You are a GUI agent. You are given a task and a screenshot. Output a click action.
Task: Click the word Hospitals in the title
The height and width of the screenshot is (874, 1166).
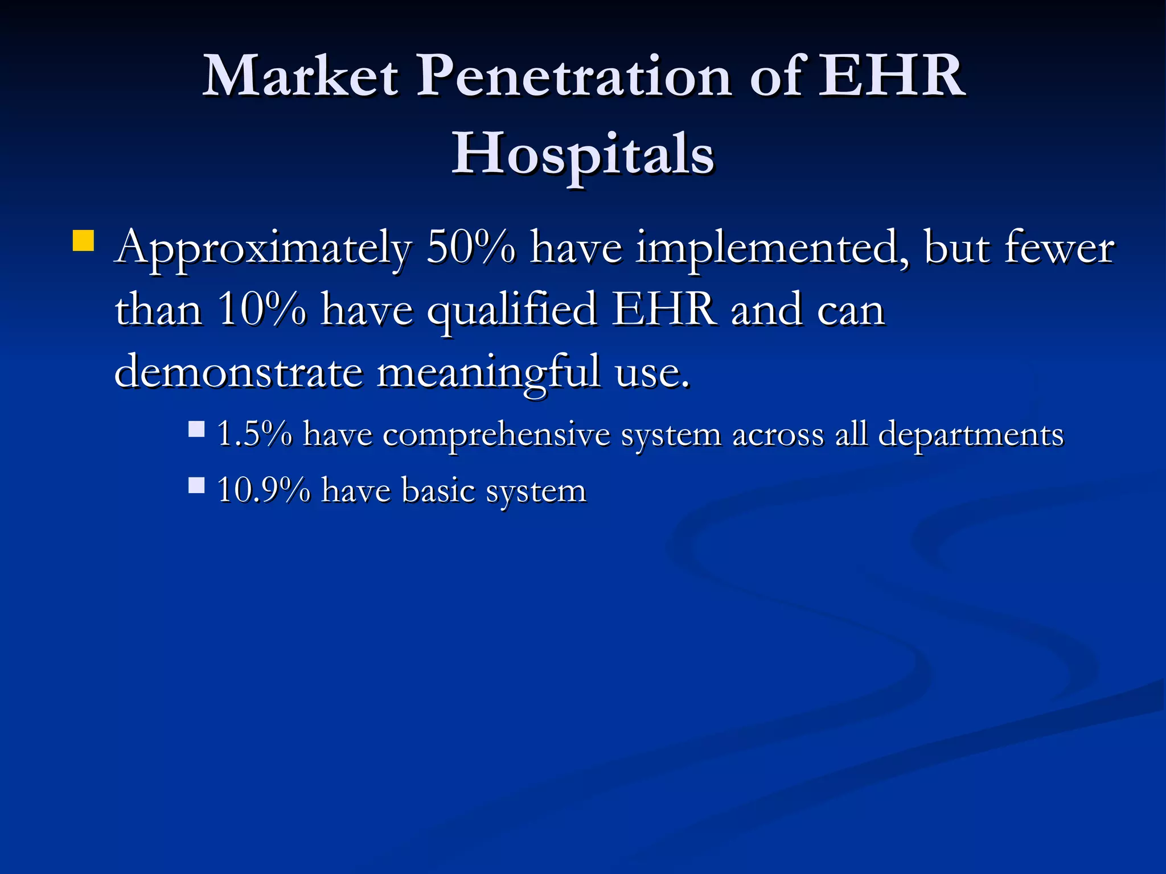click(582, 154)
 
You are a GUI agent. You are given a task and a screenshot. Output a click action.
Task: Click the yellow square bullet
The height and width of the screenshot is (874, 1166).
click(83, 241)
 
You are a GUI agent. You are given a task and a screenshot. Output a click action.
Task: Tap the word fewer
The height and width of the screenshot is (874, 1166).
click(1059, 248)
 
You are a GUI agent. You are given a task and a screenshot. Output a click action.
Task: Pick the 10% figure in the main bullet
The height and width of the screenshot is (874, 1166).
click(262, 310)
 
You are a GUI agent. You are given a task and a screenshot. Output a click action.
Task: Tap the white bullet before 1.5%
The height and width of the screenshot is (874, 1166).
click(196, 428)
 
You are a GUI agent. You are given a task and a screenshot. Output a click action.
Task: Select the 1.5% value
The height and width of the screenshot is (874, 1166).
click(254, 434)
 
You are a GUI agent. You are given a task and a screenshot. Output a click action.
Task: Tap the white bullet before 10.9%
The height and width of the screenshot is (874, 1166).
click(196, 485)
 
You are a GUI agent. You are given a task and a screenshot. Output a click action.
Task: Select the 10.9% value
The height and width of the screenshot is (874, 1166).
click(264, 490)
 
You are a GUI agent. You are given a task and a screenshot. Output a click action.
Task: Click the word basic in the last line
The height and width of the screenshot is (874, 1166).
click(438, 490)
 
